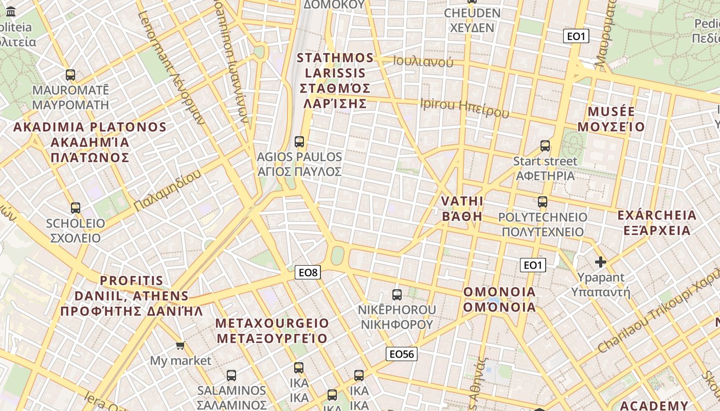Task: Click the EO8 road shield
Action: (308, 272)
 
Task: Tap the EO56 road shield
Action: (402, 353)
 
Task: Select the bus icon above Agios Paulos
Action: (299, 141)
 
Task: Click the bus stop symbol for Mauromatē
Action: (70, 75)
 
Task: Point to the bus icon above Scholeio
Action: (76, 208)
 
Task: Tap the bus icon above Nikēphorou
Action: (397, 294)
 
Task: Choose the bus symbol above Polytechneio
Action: (543, 202)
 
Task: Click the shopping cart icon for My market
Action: (180, 345)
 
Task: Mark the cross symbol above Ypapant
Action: (600, 262)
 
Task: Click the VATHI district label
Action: (462, 208)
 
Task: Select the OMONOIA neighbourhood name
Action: (499, 300)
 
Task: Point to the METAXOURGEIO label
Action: (272, 330)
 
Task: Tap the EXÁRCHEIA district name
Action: (657, 222)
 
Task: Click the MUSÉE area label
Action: (611, 119)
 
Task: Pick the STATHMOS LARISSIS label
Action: (335, 80)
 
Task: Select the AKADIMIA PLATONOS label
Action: (90, 142)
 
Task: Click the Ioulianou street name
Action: (423, 62)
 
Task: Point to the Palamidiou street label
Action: (168, 190)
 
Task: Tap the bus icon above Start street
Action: (545, 146)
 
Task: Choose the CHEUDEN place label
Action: (472, 20)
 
